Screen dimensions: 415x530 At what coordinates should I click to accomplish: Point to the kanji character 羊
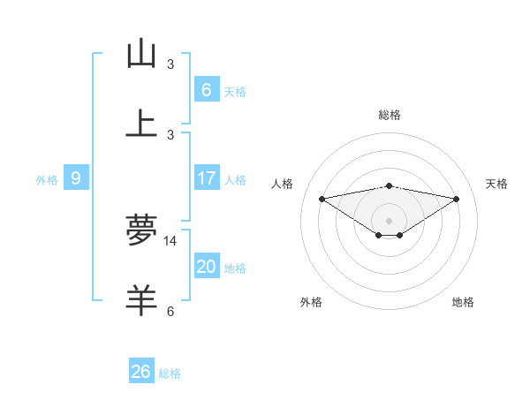[x=141, y=300]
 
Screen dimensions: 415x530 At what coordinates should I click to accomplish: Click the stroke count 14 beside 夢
[x=170, y=240]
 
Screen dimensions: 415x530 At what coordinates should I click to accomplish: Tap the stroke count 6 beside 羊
[x=170, y=311]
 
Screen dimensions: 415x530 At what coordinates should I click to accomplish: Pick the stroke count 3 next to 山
[x=170, y=64]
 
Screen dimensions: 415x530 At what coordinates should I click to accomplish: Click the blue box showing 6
[x=206, y=89]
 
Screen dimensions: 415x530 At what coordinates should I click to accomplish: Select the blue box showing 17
[x=206, y=178]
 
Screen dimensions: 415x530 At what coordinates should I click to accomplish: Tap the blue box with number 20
[x=206, y=267]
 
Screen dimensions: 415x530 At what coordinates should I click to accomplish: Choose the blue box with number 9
[x=76, y=178]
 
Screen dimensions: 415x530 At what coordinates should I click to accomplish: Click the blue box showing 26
[x=141, y=372]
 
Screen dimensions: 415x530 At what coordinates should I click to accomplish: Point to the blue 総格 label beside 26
[x=170, y=373]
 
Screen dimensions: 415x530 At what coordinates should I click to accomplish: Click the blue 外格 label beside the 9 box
[x=47, y=180]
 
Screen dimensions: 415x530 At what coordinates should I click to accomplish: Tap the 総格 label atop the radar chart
[x=389, y=115]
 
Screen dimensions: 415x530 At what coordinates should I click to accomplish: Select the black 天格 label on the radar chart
[x=496, y=184]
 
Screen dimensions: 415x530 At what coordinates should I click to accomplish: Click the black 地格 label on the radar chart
[x=463, y=302]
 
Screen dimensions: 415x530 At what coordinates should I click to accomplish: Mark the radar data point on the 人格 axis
[x=322, y=199]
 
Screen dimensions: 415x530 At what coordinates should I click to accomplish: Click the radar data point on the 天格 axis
[x=456, y=199]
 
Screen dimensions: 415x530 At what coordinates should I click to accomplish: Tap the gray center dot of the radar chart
[x=389, y=220]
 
